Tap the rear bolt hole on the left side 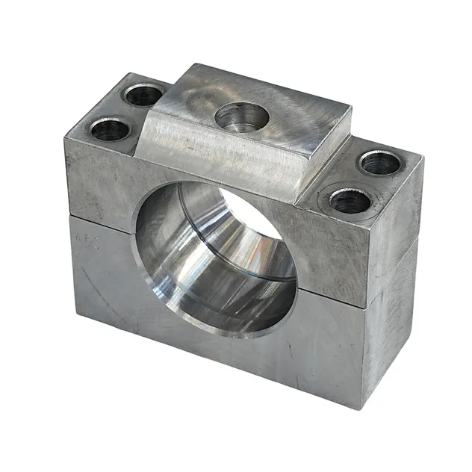(144, 95)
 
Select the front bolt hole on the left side (111, 130)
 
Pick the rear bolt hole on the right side (380, 163)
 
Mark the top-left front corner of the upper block (65, 137)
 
